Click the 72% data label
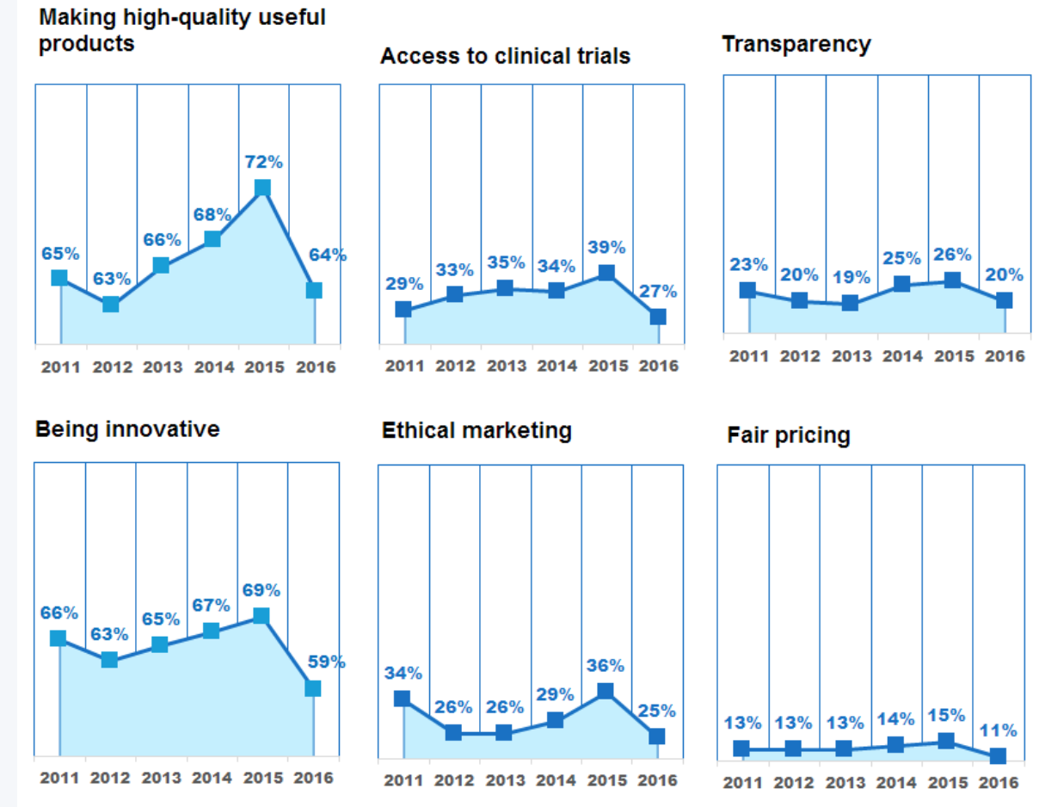pos(263,162)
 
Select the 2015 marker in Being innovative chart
pos(261,616)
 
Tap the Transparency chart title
pos(796,44)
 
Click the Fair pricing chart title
pos(788,435)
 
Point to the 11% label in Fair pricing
pos(999,730)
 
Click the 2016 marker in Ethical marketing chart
pos(657,736)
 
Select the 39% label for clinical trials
pos(607,248)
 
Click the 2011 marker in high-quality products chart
pos(59,277)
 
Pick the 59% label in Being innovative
pos(326,662)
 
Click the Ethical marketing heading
pos(476,430)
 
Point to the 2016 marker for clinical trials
pos(658,317)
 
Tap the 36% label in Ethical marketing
pos(606,666)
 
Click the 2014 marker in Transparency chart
pos(901,284)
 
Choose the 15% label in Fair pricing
pos(946,716)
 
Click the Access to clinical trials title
pos(505,56)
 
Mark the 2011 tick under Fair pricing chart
pos(742,783)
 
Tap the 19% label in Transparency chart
pos(850,278)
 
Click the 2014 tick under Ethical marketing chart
pos(556,780)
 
